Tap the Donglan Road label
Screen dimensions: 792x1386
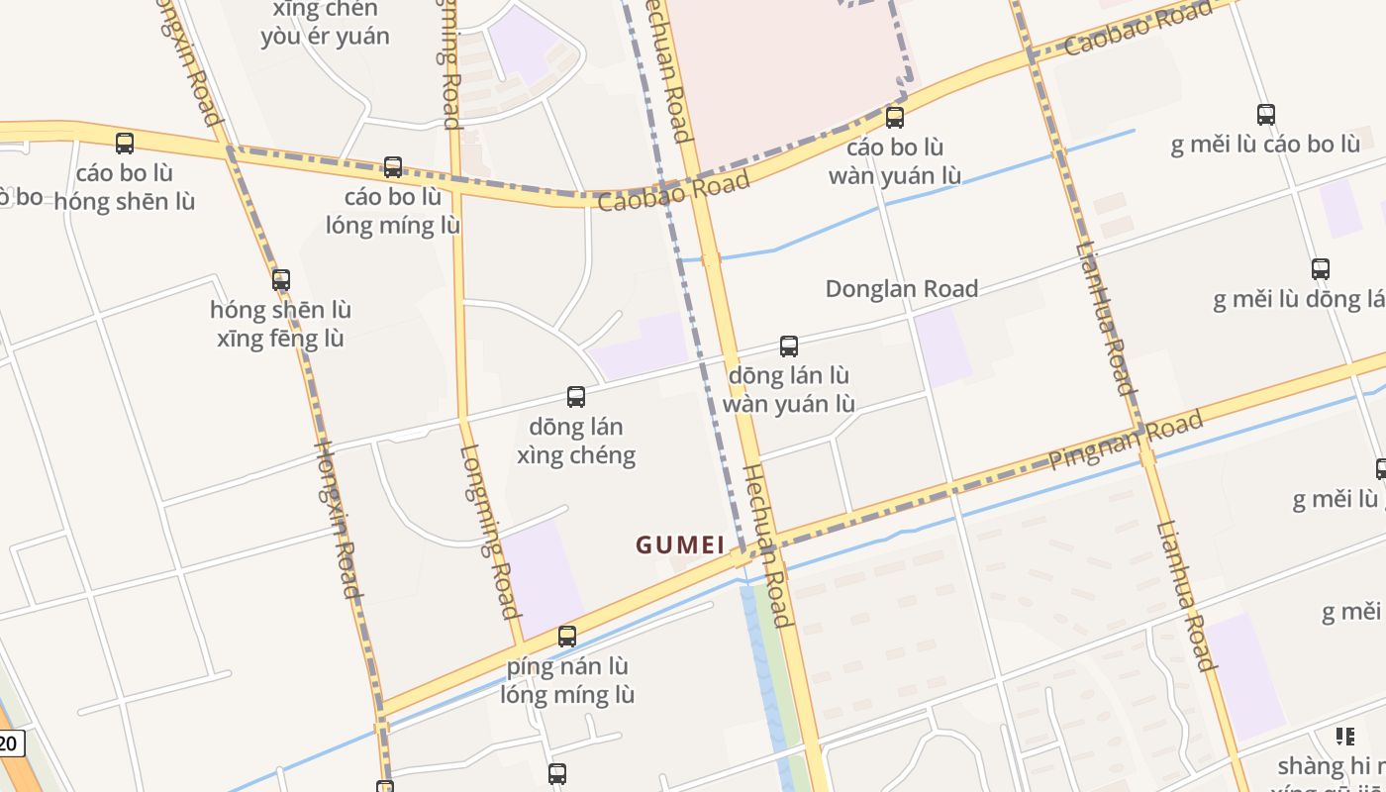pyautogui.click(x=901, y=289)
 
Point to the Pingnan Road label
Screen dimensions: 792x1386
pyautogui.click(x=1126, y=441)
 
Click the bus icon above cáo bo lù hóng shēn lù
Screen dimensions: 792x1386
pyautogui.click(x=125, y=144)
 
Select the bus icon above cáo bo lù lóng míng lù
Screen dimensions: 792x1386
pyautogui.click(x=393, y=167)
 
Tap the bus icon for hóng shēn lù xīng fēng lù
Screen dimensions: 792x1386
pyautogui.click(x=281, y=280)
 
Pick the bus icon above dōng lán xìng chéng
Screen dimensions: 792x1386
pyautogui.click(x=576, y=397)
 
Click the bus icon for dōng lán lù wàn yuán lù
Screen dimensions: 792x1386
pyautogui.click(x=789, y=346)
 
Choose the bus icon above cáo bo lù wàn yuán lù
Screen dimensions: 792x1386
pyautogui.click(x=895, y=118)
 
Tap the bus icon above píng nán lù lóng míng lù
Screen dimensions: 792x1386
pyautogui.click(x=567, y=637)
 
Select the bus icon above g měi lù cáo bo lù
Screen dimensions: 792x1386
pyautogui.click(x=1265, y=115)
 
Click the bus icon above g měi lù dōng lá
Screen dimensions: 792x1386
pyautogui.click(x=1320, y=269)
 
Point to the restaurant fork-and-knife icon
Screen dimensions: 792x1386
pyautogui.click(x=1344, y=736)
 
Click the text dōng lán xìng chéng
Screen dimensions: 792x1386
pyautogui.click(x=576, y=441)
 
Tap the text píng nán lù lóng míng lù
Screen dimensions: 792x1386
pyautogui.click(x=567, y=680)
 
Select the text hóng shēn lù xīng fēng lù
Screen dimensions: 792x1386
pyautogui.click(x=280, y=324)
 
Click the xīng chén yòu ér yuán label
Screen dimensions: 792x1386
pyautogui.click(x=325, y=24)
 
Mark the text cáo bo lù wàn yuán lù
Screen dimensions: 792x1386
pyautogui.click(x=895, y=161)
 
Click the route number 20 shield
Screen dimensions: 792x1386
pyautogui.click(x=10, y=743)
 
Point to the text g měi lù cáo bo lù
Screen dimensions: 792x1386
pyautogui.click(x=1265, y=145)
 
